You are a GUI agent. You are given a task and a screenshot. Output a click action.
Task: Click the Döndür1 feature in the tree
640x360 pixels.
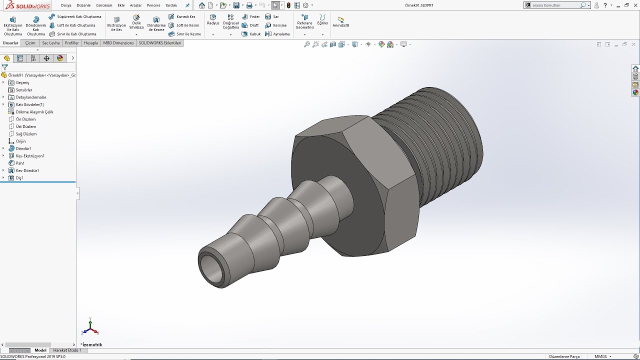coord(23,148)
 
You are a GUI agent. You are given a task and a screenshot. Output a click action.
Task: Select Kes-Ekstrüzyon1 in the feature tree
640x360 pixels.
coord(29,156)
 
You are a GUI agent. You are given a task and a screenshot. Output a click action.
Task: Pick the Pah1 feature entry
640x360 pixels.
coord(20,163)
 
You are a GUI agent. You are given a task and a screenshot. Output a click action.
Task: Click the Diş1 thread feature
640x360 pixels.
coord(19,178)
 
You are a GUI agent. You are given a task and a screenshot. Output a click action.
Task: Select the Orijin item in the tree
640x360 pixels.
coord(20,141)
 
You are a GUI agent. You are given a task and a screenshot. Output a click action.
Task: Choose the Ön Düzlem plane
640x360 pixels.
coord(25,119)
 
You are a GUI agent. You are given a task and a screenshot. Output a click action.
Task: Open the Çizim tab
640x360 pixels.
coord(30,43)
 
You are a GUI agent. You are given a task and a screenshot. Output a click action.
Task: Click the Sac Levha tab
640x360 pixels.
coord(50,43)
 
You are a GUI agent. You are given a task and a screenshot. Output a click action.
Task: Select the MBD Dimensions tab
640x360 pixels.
coord(118,43)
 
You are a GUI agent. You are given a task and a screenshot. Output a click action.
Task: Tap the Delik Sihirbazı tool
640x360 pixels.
coord(136,22)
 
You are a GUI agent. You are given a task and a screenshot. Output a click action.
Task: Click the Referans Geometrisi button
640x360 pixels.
coord(304,22)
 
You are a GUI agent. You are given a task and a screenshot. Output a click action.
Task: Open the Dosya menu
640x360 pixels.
coord(66,5)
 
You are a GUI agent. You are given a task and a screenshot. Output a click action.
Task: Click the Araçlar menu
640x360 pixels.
coord(135,5)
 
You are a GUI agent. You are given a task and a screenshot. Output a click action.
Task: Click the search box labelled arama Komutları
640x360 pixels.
coord(555,5)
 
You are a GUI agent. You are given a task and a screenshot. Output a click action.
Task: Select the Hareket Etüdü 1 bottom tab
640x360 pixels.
coord(67,350)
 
